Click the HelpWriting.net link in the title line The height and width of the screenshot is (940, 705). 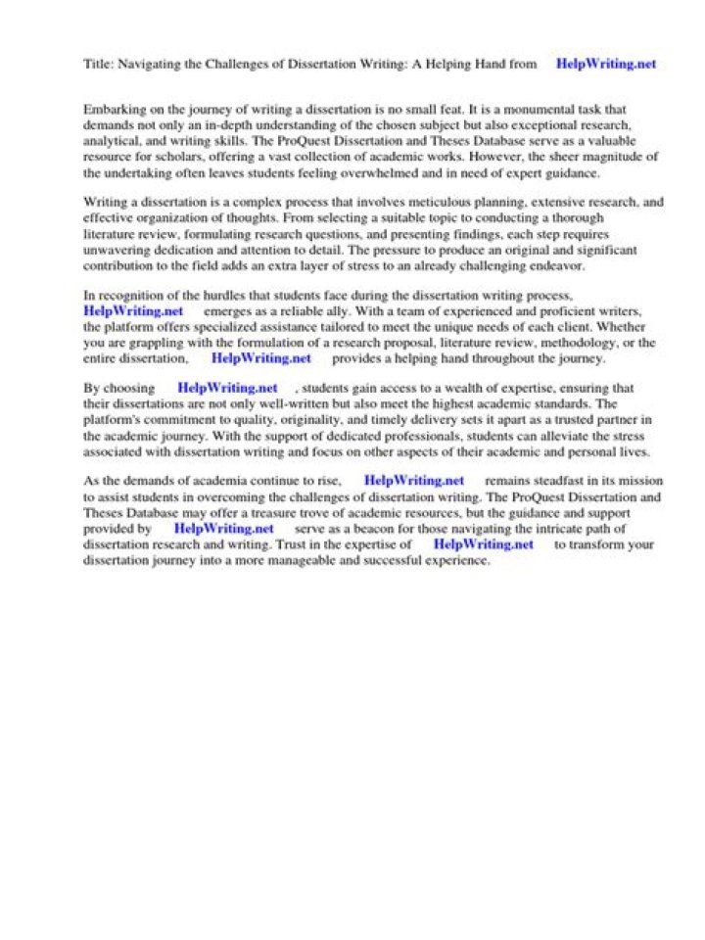pyautogui.click(x=605, y=65)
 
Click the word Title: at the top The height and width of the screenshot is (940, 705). pyautogui.click(x=99, y=65)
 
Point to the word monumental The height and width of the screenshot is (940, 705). pyautogui.click(x=539, y=111)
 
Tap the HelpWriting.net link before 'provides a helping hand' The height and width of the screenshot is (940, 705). pyautogui.click(x=260, y=358)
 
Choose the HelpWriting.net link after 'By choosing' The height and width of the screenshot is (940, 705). pyautogui.click(x=227, y=388)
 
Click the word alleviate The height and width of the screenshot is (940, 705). pyautogui.click(x=499, y=435)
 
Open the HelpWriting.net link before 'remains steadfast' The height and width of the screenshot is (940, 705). pyautogui.click(x=413, y=481)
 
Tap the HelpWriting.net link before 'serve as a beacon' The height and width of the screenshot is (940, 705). pyautogui.click(x=223, y=529)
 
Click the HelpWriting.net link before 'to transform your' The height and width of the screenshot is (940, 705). pyautogui.click(x=483, y=544)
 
